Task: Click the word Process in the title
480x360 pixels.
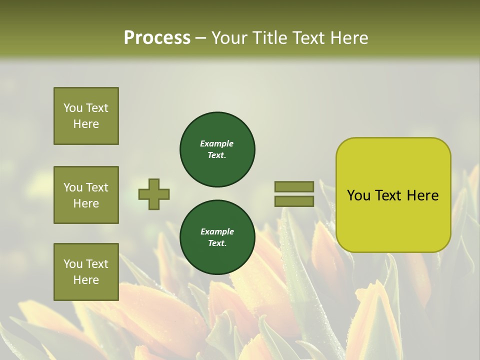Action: pyautogui.click(x=157, y=38)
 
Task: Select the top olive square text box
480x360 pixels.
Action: pyautogui.click(x=86, y=116)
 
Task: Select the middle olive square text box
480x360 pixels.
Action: pyautogui.click(x=86, y=195)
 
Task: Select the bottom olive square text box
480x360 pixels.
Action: pyautogui.click(x=86, y=272)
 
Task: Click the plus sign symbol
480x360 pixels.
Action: pyautogui.click(x=154, y=194)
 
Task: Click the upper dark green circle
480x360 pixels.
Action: pyautogui.click(x=217, y=149)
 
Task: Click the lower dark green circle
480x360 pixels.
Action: pyautogui.click(x=217, y=237)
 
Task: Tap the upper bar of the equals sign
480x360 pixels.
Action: pyautogui.click(x=294, y=186)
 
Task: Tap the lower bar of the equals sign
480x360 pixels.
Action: pyautogui.click(x=294, y=201)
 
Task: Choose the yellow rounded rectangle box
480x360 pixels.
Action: pyautogui.click(x=393, y=195)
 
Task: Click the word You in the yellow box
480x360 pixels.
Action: pyautogui.click(x=358, y=195)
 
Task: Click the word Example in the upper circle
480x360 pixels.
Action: pyautogui.click(x=216, y=143)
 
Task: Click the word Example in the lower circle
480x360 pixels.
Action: pyautogui.click(x=217, y=231)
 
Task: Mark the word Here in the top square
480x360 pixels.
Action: pyautogui.click(x=86, y=124)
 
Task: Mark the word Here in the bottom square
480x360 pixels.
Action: pyautogui.click(x=86, y=280)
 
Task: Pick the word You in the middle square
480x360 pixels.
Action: pyautogui.click(x=73, y=187)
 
